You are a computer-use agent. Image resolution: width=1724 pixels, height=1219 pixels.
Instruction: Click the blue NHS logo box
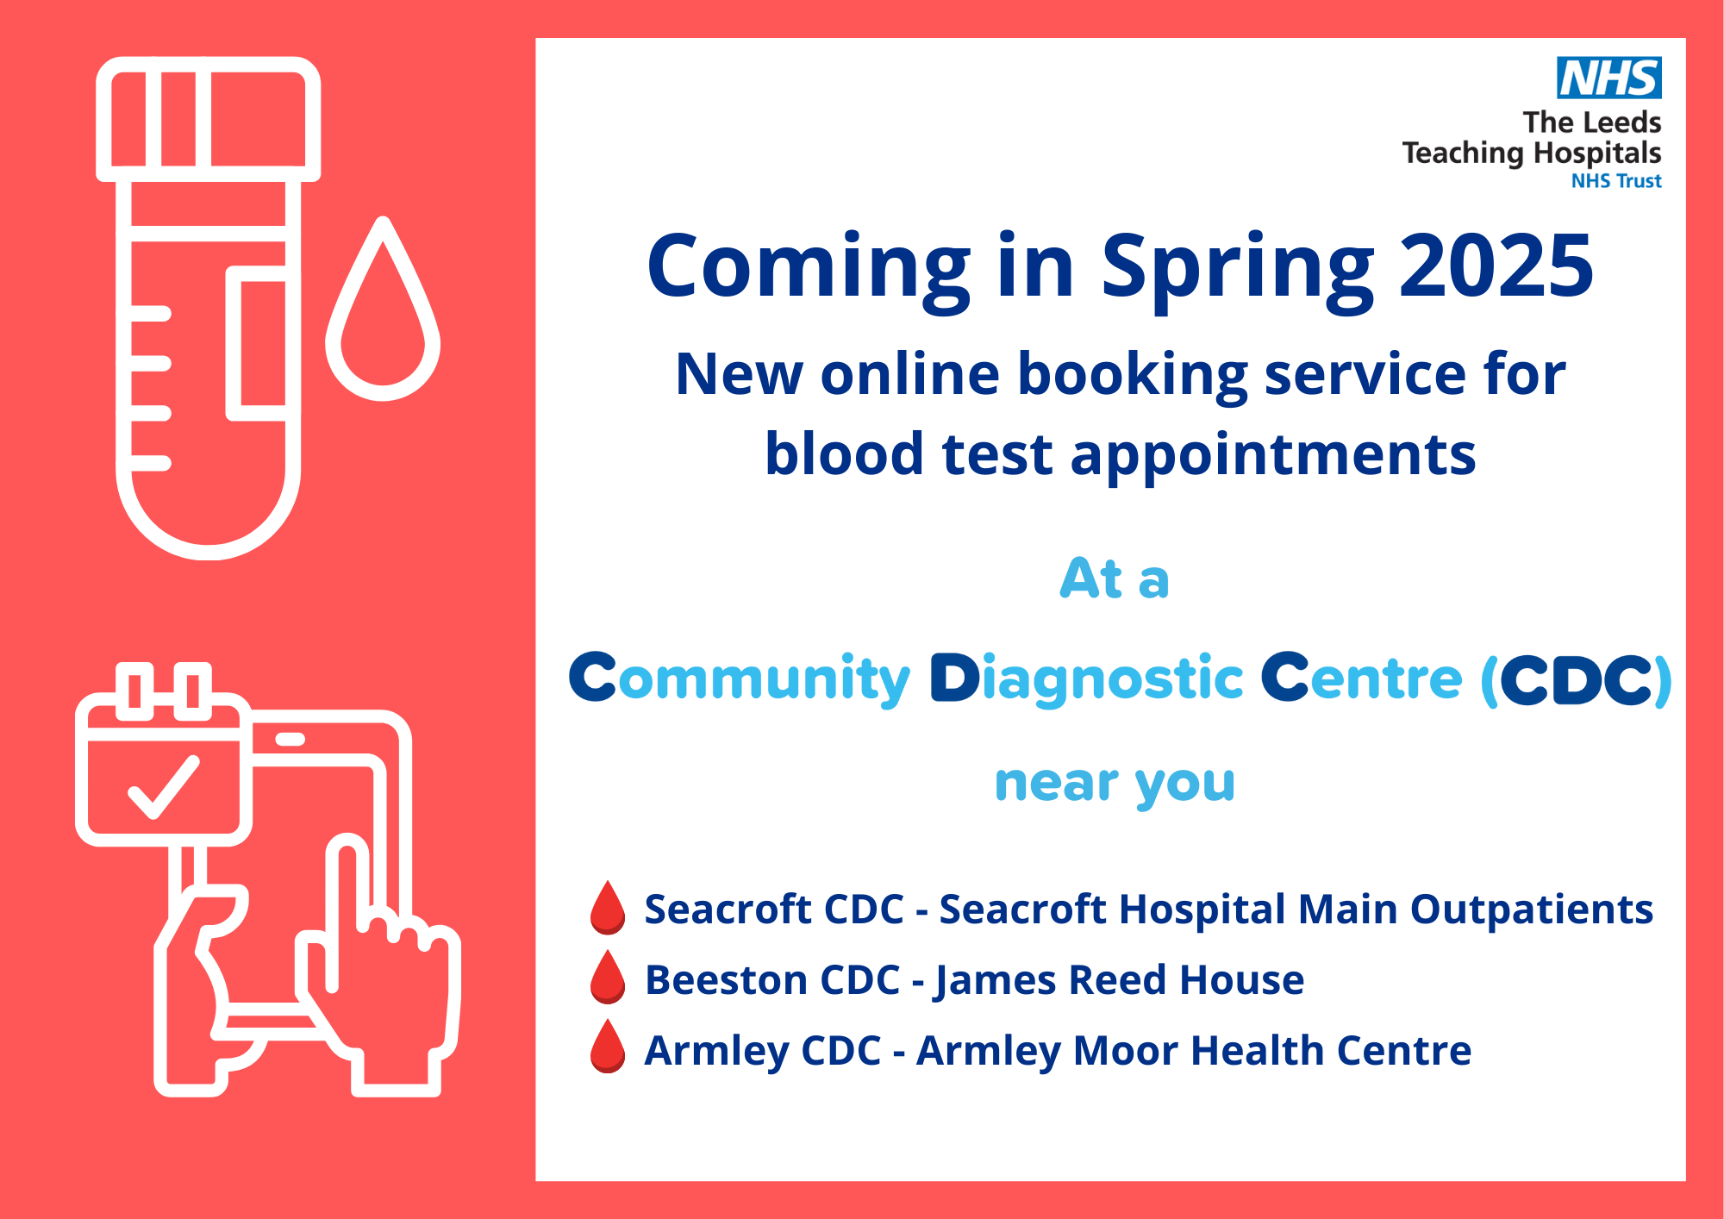pyautogui.click(x=1608, y=78)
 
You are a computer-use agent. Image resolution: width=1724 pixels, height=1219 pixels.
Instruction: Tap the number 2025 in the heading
pyautogui.click(x=1496, y=266)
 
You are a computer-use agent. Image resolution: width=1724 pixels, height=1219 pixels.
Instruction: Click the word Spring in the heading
pyautogui.click(x=1238, y=270)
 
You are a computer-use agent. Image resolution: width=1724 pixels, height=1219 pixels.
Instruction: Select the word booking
pyautogui.click(x=1133, y=376)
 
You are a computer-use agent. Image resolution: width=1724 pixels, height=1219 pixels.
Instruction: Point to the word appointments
pyautogui.click(x=1272, y=456)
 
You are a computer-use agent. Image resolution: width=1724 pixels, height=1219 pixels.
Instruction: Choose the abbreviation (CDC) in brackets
pyautogui.click(x=1577, y=680)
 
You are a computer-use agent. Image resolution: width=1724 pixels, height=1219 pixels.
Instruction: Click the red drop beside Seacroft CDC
pyautogui.click(x=608, y=908)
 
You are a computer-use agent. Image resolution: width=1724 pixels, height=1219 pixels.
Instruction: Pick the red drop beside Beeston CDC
pyautogui.click(x=608, y=978)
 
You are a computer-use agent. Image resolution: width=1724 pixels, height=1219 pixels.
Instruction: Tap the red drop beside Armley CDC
pyautogui.click(x=608, y=1047)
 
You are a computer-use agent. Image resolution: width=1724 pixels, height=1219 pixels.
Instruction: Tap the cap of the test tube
pyautogui.click(x=209, y=119)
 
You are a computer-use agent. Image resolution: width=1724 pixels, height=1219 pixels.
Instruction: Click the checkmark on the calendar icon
pyautogui.click(x=164, y=786)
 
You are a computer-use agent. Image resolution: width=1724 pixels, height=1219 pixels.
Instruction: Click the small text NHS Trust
pyautogui.click(x=1616, y=181)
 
